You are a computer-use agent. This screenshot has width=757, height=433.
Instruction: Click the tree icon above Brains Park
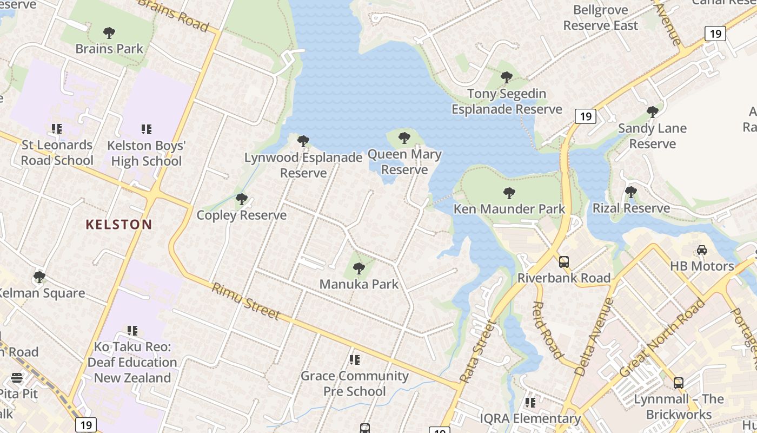pos(109,33)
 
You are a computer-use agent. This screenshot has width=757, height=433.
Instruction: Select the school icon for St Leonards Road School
pos(57,129)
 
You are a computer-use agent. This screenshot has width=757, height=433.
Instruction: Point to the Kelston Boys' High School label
pos(146,153)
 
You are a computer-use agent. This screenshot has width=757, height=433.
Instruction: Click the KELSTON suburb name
pos(119,224)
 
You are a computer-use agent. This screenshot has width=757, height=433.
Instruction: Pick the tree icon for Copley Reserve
pos(242,199)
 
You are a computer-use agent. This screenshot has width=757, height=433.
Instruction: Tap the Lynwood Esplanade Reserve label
pos(303,165)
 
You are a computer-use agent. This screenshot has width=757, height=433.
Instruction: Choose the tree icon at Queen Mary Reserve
pos(404,138)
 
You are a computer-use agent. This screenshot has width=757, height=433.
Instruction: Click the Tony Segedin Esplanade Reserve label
pos(507,101)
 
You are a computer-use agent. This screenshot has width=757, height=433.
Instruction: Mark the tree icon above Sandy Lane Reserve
pos(653,112)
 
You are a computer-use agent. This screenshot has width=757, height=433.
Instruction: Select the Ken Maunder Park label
pos(509,209)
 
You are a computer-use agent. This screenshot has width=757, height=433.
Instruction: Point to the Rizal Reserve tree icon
pos(630,192)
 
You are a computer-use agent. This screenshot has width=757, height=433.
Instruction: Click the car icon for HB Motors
pos(702,250)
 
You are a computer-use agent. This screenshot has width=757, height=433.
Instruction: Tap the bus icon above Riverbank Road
pos(564,262)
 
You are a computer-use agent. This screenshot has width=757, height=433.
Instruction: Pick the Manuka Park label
pos(358,284)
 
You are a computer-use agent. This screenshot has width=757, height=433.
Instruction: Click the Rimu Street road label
pos(246,301)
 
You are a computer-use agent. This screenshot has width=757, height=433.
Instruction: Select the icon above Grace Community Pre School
pos(355,359)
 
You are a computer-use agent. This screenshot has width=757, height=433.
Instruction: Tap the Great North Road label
pos(662,338)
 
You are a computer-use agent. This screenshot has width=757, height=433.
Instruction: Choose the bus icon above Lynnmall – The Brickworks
pos(679,383)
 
